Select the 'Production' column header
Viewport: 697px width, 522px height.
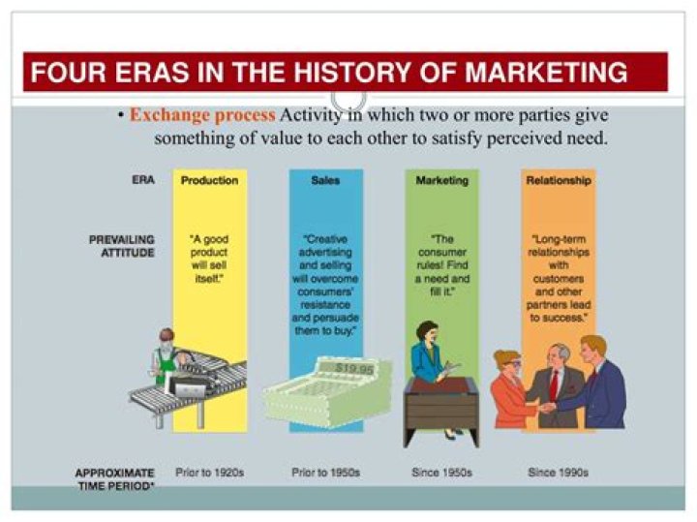tap(209, 180)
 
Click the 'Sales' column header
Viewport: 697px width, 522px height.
tap(325, 180)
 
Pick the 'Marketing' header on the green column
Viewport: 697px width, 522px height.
tap(441, 180)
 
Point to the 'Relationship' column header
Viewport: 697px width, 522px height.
tap(559, 180)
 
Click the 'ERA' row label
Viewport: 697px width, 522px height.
tap(142, 180)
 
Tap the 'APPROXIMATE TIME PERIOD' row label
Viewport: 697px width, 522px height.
tap(115, 478)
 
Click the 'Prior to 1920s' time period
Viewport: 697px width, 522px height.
tap(209, 473)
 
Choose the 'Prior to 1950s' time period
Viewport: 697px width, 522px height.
tap(325, 473)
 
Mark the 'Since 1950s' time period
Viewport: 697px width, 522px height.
tap(441, 473)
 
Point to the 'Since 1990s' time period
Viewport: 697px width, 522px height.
tap(559, 473)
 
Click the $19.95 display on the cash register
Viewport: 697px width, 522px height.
tap(354, 368)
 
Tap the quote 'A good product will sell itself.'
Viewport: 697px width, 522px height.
tap(209, 257)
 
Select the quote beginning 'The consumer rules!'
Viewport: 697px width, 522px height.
tap(441, 257)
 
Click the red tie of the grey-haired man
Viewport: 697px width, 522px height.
tap(555, 382)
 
